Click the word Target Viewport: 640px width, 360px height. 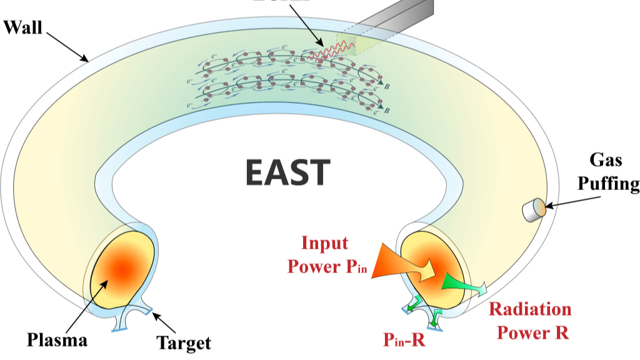pos(183,342)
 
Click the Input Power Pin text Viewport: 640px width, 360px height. pos(326,255)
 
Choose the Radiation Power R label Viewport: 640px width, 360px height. pos(530,320)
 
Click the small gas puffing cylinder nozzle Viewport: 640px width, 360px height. pos(533,210)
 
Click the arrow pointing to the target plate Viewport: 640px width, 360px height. pos(164,322)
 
